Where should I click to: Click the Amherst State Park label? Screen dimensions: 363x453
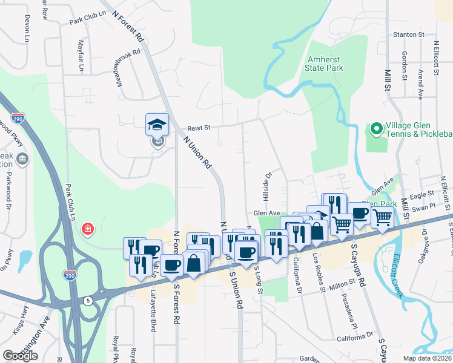pyautogui.click(x=325, y=64)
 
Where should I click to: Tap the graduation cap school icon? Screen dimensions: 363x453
pyautogui.click(x=157, y=125)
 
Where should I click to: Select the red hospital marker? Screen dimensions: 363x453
pyautogui.click(x=88, y=229)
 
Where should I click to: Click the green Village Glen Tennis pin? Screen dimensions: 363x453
pyautogui.click(x=375, y=129)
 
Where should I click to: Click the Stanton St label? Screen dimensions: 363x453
pyautogui.click(x=408, y=34)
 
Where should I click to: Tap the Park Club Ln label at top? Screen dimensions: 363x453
pyautogui.click(x=87, y=21)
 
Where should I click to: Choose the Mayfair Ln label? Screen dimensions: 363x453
pyautogui.click(x=81, y=56)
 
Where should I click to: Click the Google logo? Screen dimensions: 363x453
pyautogui.click(x=20, y=356)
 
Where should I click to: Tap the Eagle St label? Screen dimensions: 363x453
pyautogui.click(x=422, y=195)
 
